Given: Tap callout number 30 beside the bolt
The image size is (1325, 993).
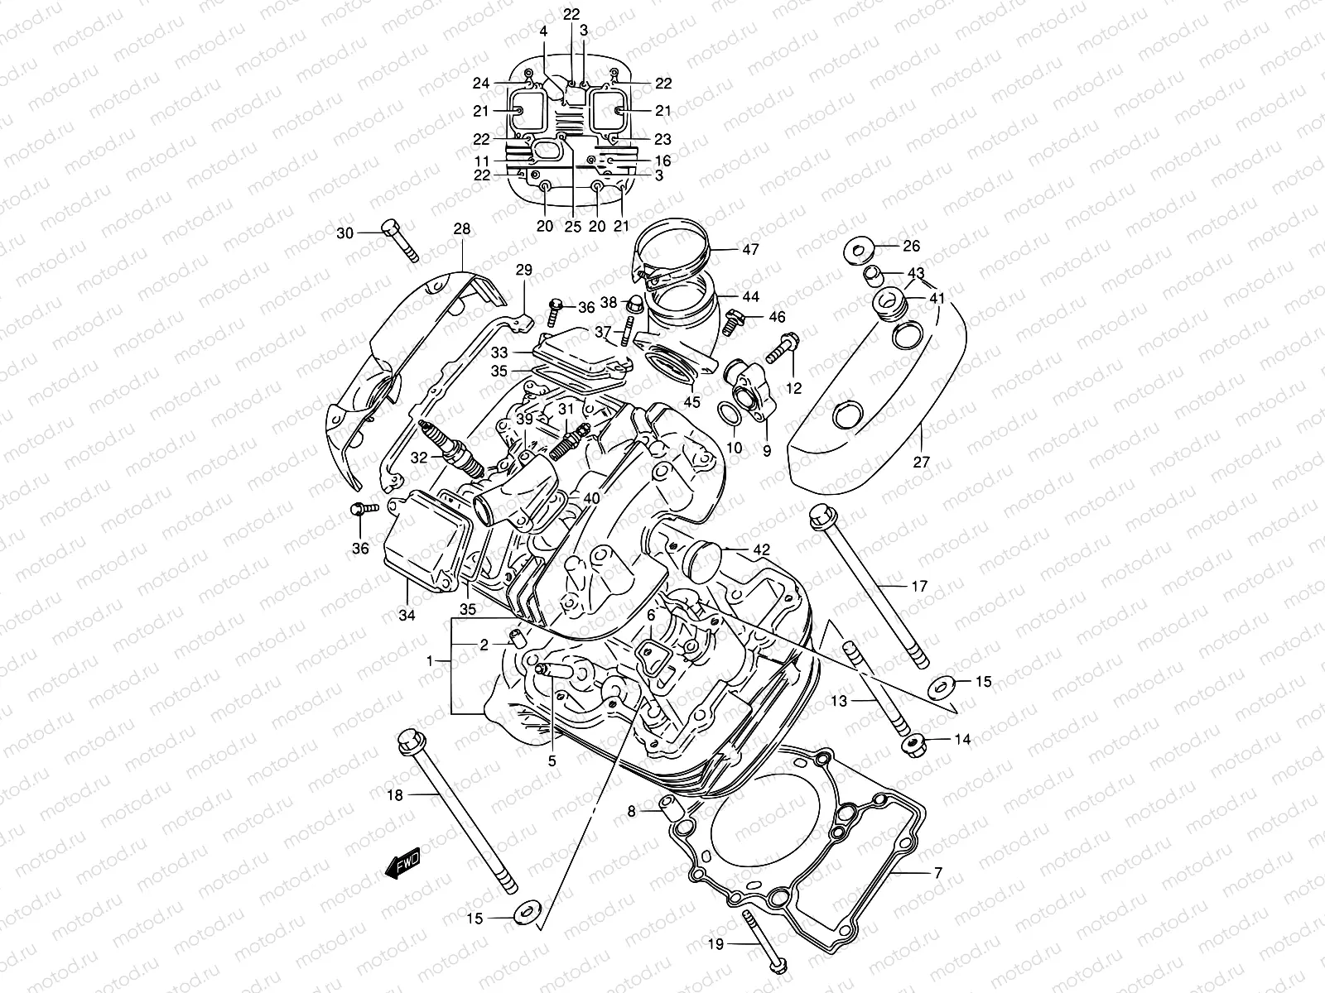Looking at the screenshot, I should (344, 233).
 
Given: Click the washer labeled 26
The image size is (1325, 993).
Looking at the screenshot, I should (857, 247).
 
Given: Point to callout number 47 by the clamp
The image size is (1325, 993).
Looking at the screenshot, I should (750, 248).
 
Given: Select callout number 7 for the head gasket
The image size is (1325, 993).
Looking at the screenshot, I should (937, 872).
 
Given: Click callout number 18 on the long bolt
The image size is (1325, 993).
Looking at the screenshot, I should (394, 795).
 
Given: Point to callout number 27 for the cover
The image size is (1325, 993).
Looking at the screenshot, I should (922, 463).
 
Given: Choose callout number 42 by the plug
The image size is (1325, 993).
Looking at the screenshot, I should (761, 549).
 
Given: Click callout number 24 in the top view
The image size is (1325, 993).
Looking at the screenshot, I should (481, 83).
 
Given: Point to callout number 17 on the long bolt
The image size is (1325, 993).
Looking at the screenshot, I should (919, 587).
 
